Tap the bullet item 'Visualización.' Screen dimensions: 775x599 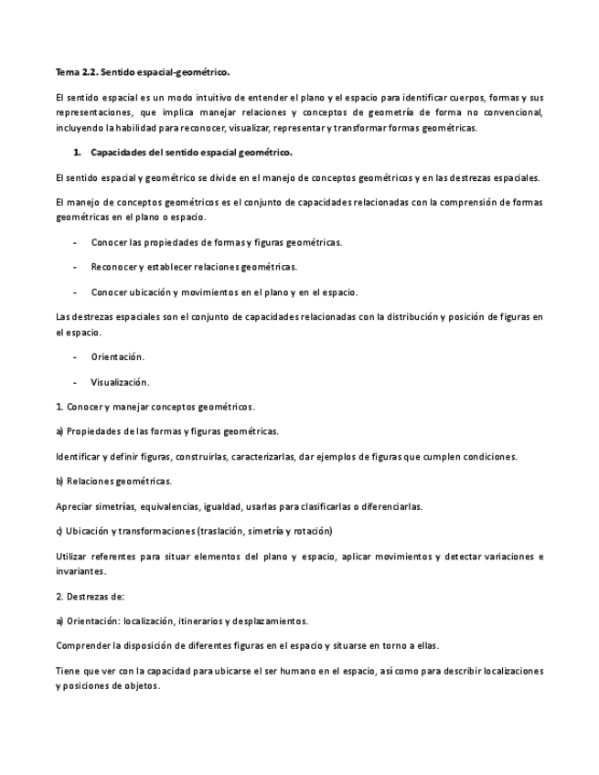(120, 382)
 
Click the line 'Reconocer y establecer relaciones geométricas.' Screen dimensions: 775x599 (194, 267)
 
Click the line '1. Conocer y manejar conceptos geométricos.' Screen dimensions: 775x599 (155, 406)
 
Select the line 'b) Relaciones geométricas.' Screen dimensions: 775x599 (113, 481)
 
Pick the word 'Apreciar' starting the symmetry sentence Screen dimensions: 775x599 (74, 505)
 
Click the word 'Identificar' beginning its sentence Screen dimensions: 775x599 (78, 456)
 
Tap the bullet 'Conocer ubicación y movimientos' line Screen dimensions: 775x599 (224, 292)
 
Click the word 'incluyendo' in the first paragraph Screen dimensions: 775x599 (78, 128)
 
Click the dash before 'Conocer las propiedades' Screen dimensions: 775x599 (73, 242)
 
